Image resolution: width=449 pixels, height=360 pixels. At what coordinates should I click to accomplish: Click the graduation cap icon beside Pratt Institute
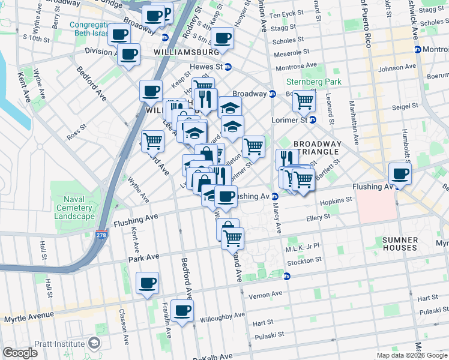pos(94,343)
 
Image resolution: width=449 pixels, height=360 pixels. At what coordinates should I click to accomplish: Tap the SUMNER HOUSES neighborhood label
pos(400,244)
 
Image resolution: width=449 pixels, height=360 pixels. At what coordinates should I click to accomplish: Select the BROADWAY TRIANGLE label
pos(316,148)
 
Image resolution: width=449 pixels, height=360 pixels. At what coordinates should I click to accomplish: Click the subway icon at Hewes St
pos(228,67)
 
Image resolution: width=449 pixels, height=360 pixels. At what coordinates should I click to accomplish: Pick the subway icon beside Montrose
pos(417,49)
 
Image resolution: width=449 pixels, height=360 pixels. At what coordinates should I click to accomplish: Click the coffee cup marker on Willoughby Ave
pos(182,311)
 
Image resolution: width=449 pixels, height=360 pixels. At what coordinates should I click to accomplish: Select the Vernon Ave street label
pos(268,293)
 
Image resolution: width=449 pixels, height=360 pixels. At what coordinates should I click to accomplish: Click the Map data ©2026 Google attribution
pos(412,355)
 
